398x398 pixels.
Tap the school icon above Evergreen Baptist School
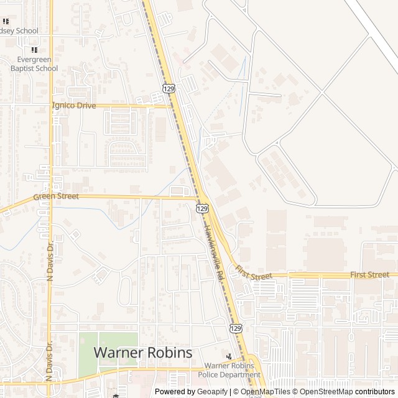click(34, 50)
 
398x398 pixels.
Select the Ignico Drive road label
click(75, 106)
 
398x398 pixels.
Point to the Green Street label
click(56, 197)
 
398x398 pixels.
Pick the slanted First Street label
click(254, 272)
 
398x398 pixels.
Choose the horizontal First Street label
click(369, 274)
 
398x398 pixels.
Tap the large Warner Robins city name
click(142, 352)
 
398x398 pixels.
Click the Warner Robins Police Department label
click(229, 370)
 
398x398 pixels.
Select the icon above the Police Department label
click(229, 356)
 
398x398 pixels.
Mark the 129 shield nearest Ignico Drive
click(169, 89)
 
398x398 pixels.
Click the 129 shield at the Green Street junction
click(203, 208)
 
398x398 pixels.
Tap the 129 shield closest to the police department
click(235, 328)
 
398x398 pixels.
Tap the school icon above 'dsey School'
click(6, 21)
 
